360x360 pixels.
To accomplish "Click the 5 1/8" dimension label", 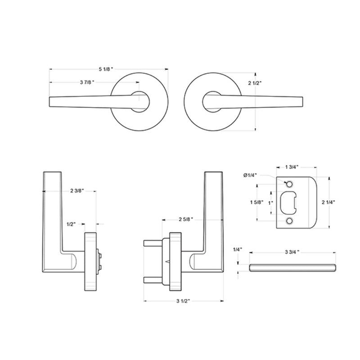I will click(106, 69).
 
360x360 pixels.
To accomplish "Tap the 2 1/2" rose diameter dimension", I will click(255, 83).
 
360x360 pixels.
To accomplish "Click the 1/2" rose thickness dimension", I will click(71, 224).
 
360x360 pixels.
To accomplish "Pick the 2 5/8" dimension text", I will click(185, 219).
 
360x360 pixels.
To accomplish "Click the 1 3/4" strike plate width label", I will click(292, 167).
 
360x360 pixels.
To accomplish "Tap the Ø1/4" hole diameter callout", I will click(250, 175).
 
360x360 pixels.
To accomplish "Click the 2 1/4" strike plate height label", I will click(328, 202).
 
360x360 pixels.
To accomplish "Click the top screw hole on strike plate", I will click(289, 183).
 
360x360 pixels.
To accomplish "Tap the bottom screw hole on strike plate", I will click(289, 221).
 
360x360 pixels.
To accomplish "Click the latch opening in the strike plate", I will click(289, 202).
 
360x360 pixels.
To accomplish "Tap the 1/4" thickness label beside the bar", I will click(238, 249).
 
